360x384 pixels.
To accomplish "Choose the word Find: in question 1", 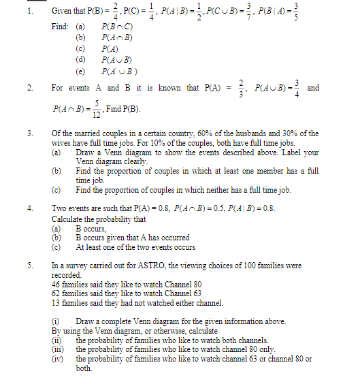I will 60,26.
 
